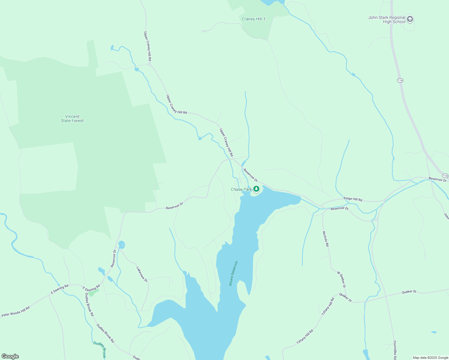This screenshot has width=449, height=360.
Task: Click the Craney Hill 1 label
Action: [x=254, y=19]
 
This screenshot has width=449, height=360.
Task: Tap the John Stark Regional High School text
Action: [x=387, y=20]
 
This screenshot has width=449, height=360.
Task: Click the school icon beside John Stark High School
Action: [x=410, y=19]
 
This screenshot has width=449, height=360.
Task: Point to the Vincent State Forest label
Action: [x=72, y=119]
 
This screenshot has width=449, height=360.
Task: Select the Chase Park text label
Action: [x=241, y=190]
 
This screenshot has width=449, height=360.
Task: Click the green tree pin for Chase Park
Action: [x=256, y=189]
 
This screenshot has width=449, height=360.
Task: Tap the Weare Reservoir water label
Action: [x=233, y=273]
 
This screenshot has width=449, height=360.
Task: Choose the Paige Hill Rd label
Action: [x=353, y=199]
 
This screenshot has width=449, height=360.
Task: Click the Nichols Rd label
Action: [x=326, y=239]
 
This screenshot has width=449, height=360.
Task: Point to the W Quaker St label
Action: [x=342, y=279]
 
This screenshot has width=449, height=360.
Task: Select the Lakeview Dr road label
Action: [x=142, y=274]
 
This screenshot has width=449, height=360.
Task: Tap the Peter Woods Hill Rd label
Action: [x=16, y=312]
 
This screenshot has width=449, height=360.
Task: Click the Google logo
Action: [x=10, y=356]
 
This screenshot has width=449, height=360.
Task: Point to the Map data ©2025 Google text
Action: [x=430, y=358]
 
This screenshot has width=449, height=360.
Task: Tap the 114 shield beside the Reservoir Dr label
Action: [x=445, y=176]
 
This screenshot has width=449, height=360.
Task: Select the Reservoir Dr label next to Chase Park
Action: [x=251, y=175]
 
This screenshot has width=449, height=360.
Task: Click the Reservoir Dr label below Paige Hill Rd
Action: [x=339, y=208]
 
